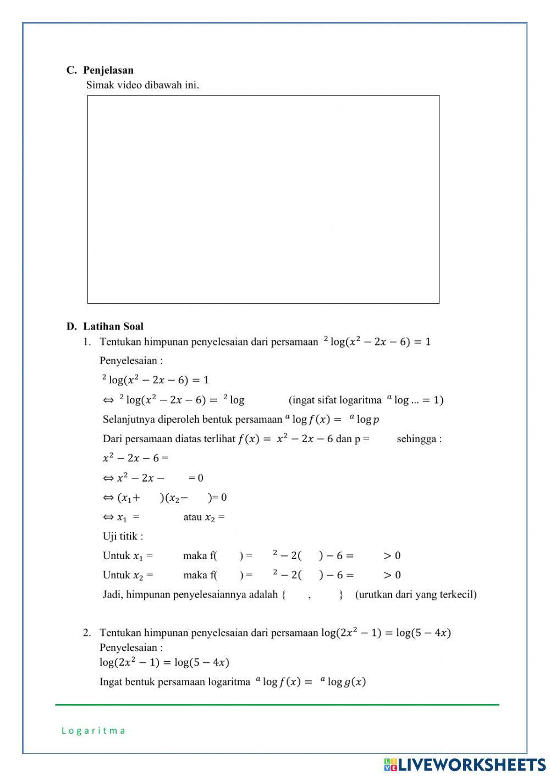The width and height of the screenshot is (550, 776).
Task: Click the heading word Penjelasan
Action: click(108, 70)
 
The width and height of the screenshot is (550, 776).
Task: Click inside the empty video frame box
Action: click(263, 199)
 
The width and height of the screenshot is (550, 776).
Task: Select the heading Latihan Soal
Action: click(113, 327)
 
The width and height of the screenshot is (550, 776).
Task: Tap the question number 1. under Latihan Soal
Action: click(87, 342)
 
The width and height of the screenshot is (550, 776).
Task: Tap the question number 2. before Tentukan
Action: click(87, 633)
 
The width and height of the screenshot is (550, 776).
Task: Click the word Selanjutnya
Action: click(129, 420)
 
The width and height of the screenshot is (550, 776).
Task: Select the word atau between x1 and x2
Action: click(193, 517)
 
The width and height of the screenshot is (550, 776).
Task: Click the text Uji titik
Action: click(123, 537)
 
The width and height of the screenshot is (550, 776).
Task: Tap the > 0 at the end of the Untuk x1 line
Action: click(392, 556)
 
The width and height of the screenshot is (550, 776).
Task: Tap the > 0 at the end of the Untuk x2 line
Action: click(392, 575)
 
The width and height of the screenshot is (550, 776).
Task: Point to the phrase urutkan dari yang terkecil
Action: click(416, 594)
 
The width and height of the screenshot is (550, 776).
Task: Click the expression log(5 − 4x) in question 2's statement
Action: click(423, 633)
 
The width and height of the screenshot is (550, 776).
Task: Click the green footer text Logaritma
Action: click(94, 730)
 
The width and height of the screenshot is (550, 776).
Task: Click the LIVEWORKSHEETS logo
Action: click(464, 764)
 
